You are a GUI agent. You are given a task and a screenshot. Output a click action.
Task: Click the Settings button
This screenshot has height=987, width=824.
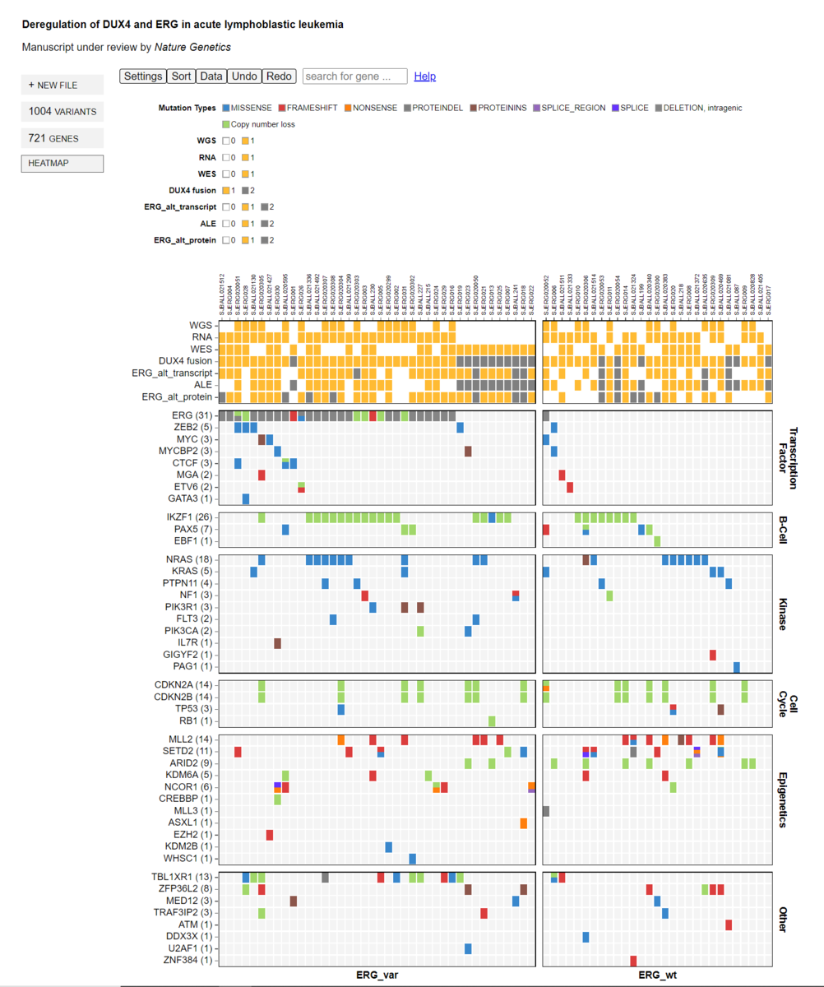coord(143,76)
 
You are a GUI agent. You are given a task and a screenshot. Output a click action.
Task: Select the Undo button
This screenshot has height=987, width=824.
coord(244,76)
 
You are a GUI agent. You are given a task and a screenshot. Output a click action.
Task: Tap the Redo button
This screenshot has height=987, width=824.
coord(279,76)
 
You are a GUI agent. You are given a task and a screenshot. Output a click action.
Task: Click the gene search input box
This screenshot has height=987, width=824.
coord(355,76)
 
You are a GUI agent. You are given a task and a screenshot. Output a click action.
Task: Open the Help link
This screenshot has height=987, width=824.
coord(425,76)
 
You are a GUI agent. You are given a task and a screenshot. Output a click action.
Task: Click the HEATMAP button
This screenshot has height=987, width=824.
coord(62,164)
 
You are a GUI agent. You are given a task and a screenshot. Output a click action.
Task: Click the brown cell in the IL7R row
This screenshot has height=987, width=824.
coord(278,643)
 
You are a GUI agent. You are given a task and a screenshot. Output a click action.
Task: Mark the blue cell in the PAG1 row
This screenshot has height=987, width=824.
coord(737,667)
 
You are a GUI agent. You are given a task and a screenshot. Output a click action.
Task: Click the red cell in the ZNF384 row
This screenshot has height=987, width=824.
coord(633,961)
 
